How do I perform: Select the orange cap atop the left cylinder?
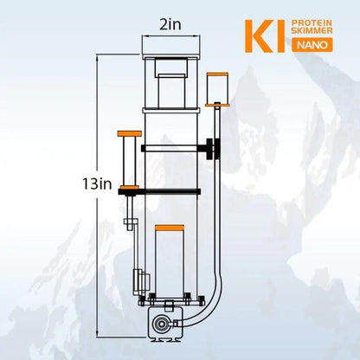pyautogui.click(x=130, y=133)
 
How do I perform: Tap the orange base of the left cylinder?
pyautogui.click(x=131, y=188)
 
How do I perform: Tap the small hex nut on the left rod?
pyautogui.click(x=130, y=223)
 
